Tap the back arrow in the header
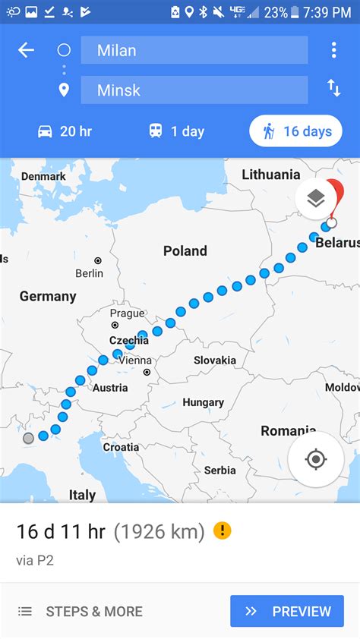click(27, 50)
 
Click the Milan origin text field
click(194, 50)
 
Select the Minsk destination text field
click(194, 90)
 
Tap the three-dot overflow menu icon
click(333, 50)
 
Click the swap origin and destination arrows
click(333, 88)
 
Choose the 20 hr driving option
click(65, 131)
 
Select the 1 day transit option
click(176, 131)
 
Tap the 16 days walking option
click(295, 131)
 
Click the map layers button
click(316, 199)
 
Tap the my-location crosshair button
click(316, 459)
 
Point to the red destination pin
click(334, 196)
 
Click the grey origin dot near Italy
click(29, 438)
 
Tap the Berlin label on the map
click(90, 273)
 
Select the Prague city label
click(127, 313)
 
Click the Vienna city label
click(135, 360)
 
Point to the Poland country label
click(185, 250)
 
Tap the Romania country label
click(288, 431)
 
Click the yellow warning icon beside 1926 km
click(222, 530)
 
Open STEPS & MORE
click(80, 611)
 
